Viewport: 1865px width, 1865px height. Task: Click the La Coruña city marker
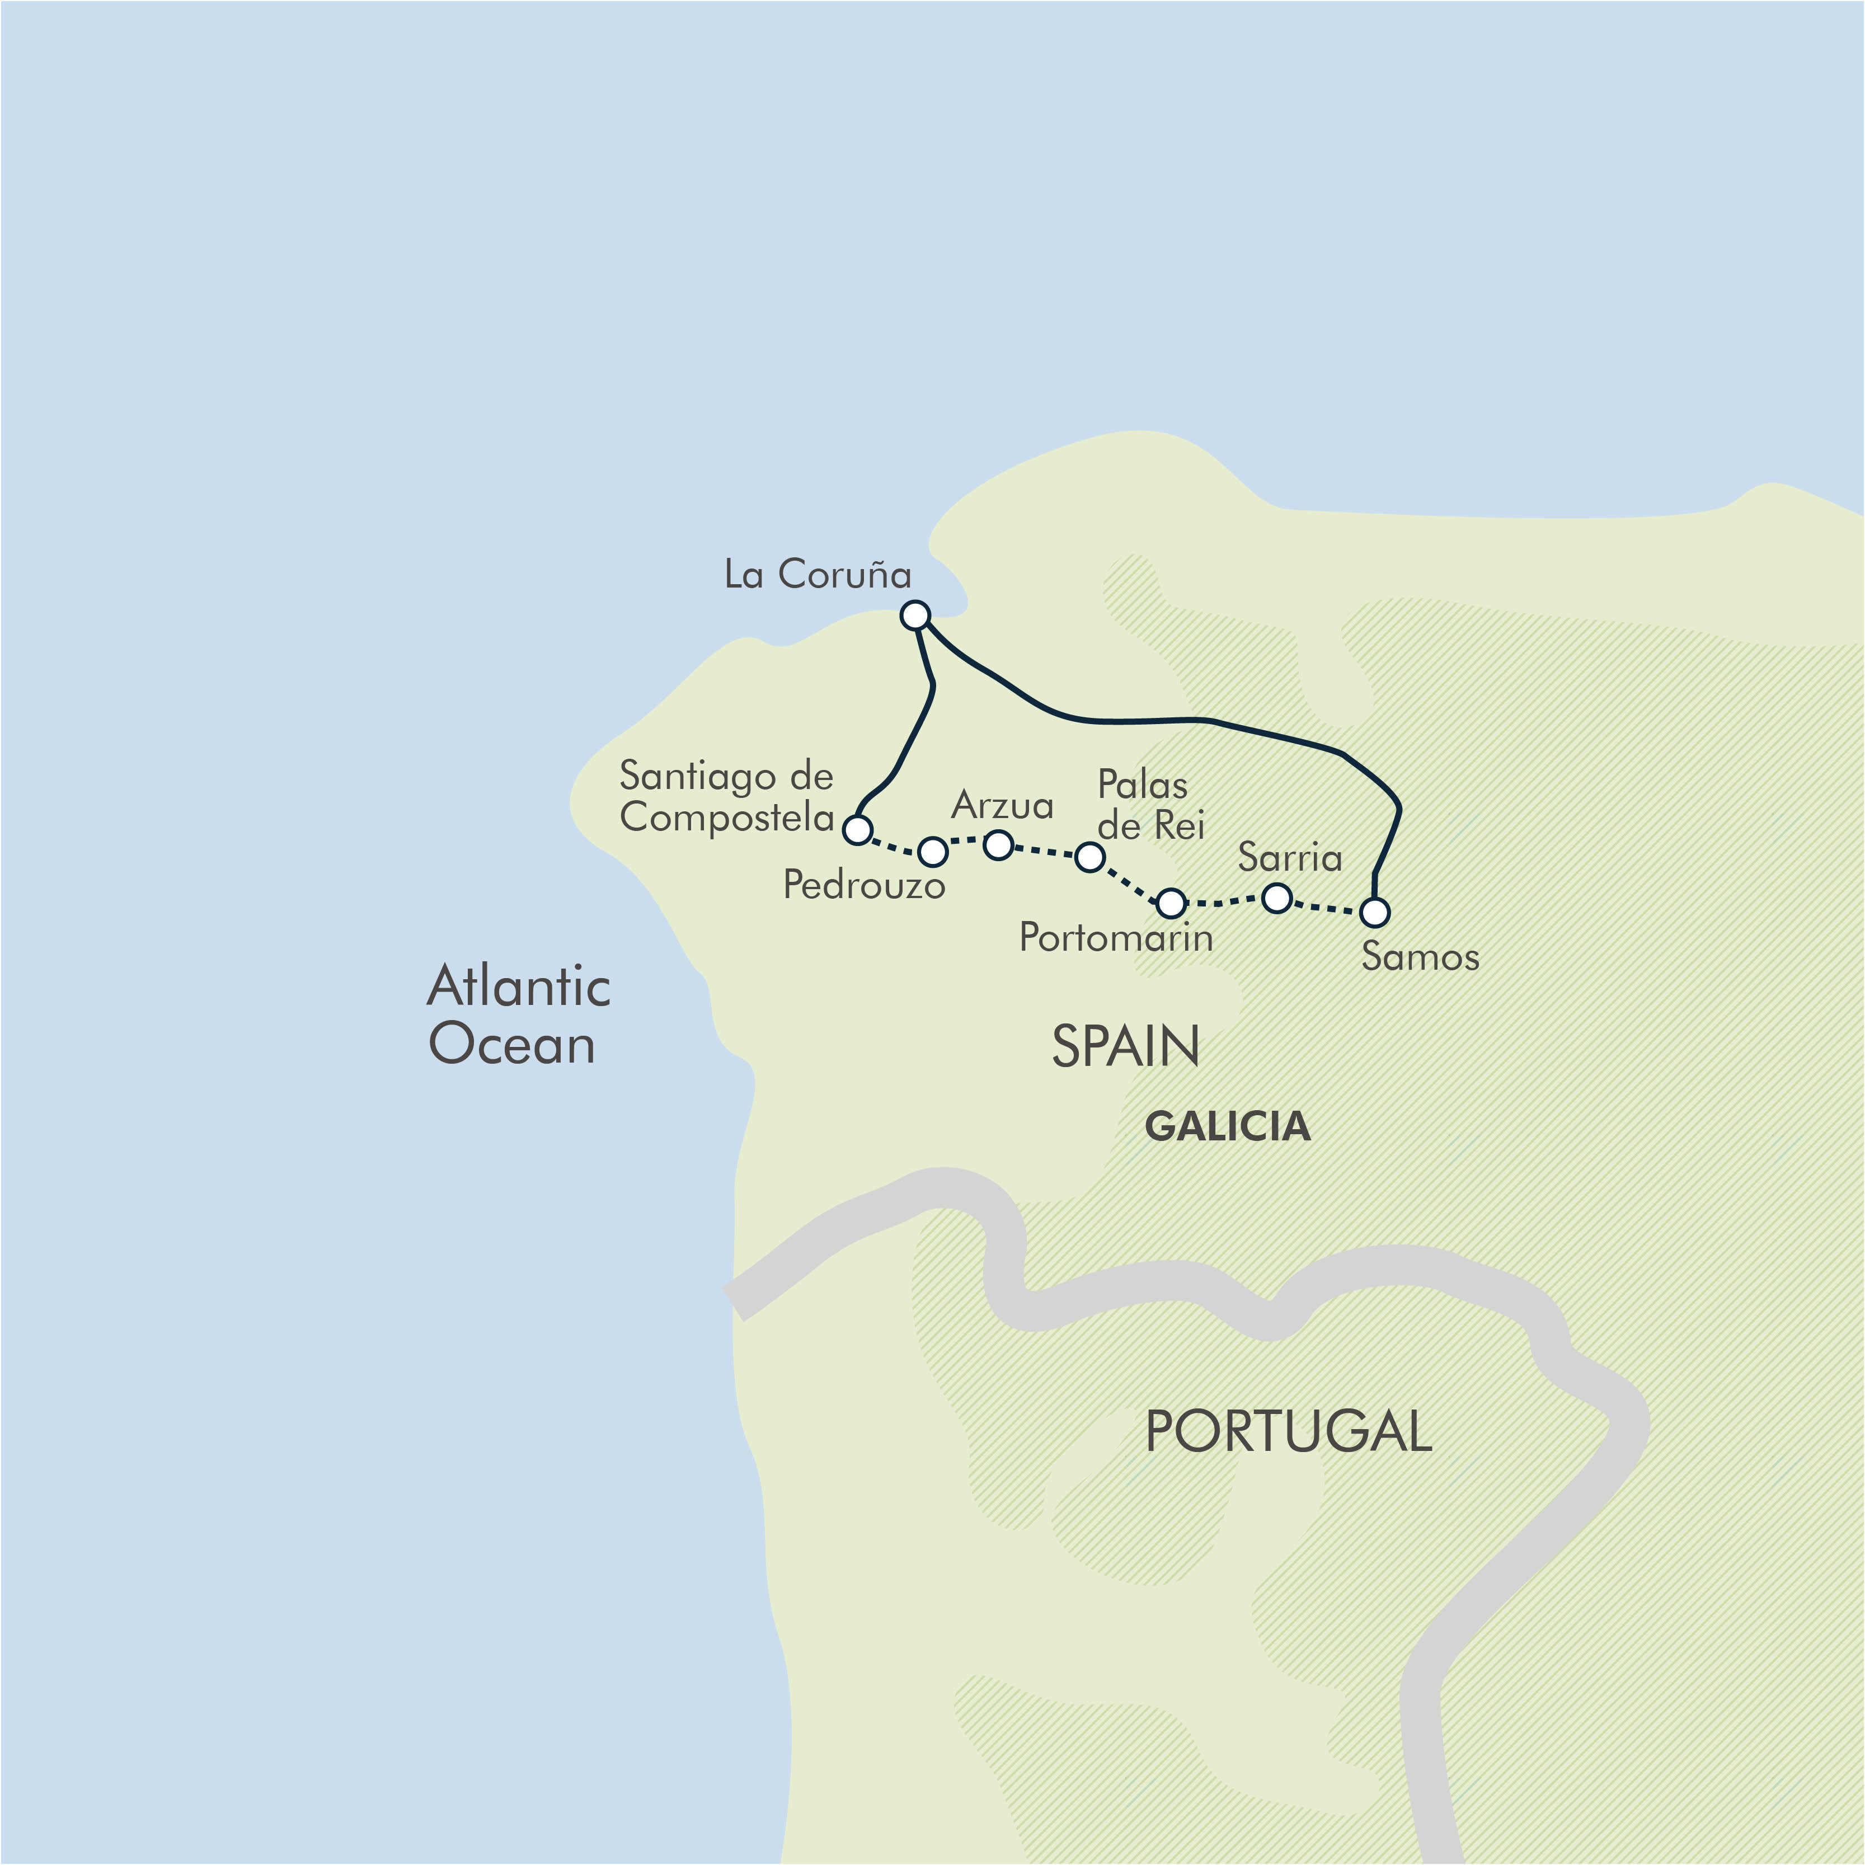coord(915,615)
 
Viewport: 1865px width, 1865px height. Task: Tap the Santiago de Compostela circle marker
coord(857,829)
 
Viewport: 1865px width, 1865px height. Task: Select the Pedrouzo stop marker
coord(932,852)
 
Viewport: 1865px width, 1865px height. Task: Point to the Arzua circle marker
coord(998,845)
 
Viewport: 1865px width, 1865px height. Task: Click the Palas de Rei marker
coord(1090,856)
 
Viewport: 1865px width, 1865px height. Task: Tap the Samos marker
coord(1375,912)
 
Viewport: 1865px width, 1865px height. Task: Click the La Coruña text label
coord(818,574)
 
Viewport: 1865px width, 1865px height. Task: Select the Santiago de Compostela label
coord(726,796)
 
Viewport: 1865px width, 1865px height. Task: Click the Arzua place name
coord(1002,805)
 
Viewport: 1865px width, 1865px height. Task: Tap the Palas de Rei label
coord(1150,805)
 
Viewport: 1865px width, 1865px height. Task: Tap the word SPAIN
coord(1126,1046)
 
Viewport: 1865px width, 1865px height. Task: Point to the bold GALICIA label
coord(1227,1126)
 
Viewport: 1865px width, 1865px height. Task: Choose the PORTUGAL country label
coord(1288,1431)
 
